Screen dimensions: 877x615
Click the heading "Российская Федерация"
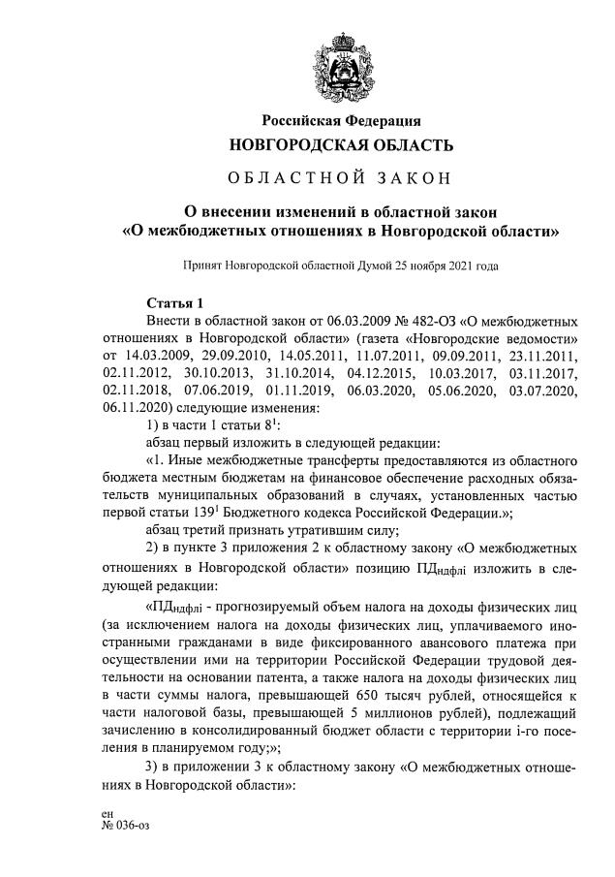click(x=341, y=121)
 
